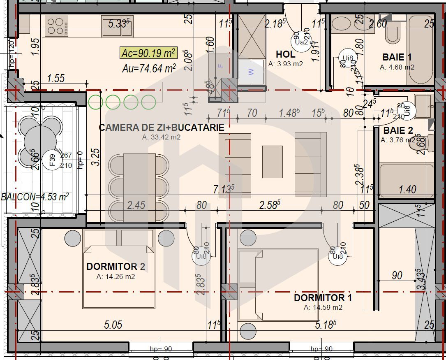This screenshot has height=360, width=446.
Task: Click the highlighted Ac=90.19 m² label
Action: pos(148,53)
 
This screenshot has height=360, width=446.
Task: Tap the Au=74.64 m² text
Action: pos(149,68)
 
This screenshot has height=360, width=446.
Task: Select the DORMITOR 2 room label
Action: pos(116,267)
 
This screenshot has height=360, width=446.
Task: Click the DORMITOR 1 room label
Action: pos(323,297)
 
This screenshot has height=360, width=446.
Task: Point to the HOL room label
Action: pos(285,54)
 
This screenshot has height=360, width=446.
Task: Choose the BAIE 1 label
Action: pos(397,57)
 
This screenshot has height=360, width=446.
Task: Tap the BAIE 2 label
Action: pos(398,130)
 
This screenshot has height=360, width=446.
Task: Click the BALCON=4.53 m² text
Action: pos(35,197)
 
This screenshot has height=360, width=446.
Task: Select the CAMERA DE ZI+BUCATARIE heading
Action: pos(162,128)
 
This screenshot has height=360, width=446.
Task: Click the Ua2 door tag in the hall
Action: pos(301,42)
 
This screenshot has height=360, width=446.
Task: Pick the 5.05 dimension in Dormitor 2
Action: pos(113,325)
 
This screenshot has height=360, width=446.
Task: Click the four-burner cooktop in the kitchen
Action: pos(57,25)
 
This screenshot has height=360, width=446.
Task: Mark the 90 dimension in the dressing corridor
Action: pos(397,275)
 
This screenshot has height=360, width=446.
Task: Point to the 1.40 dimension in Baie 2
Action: pos(407,190)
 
